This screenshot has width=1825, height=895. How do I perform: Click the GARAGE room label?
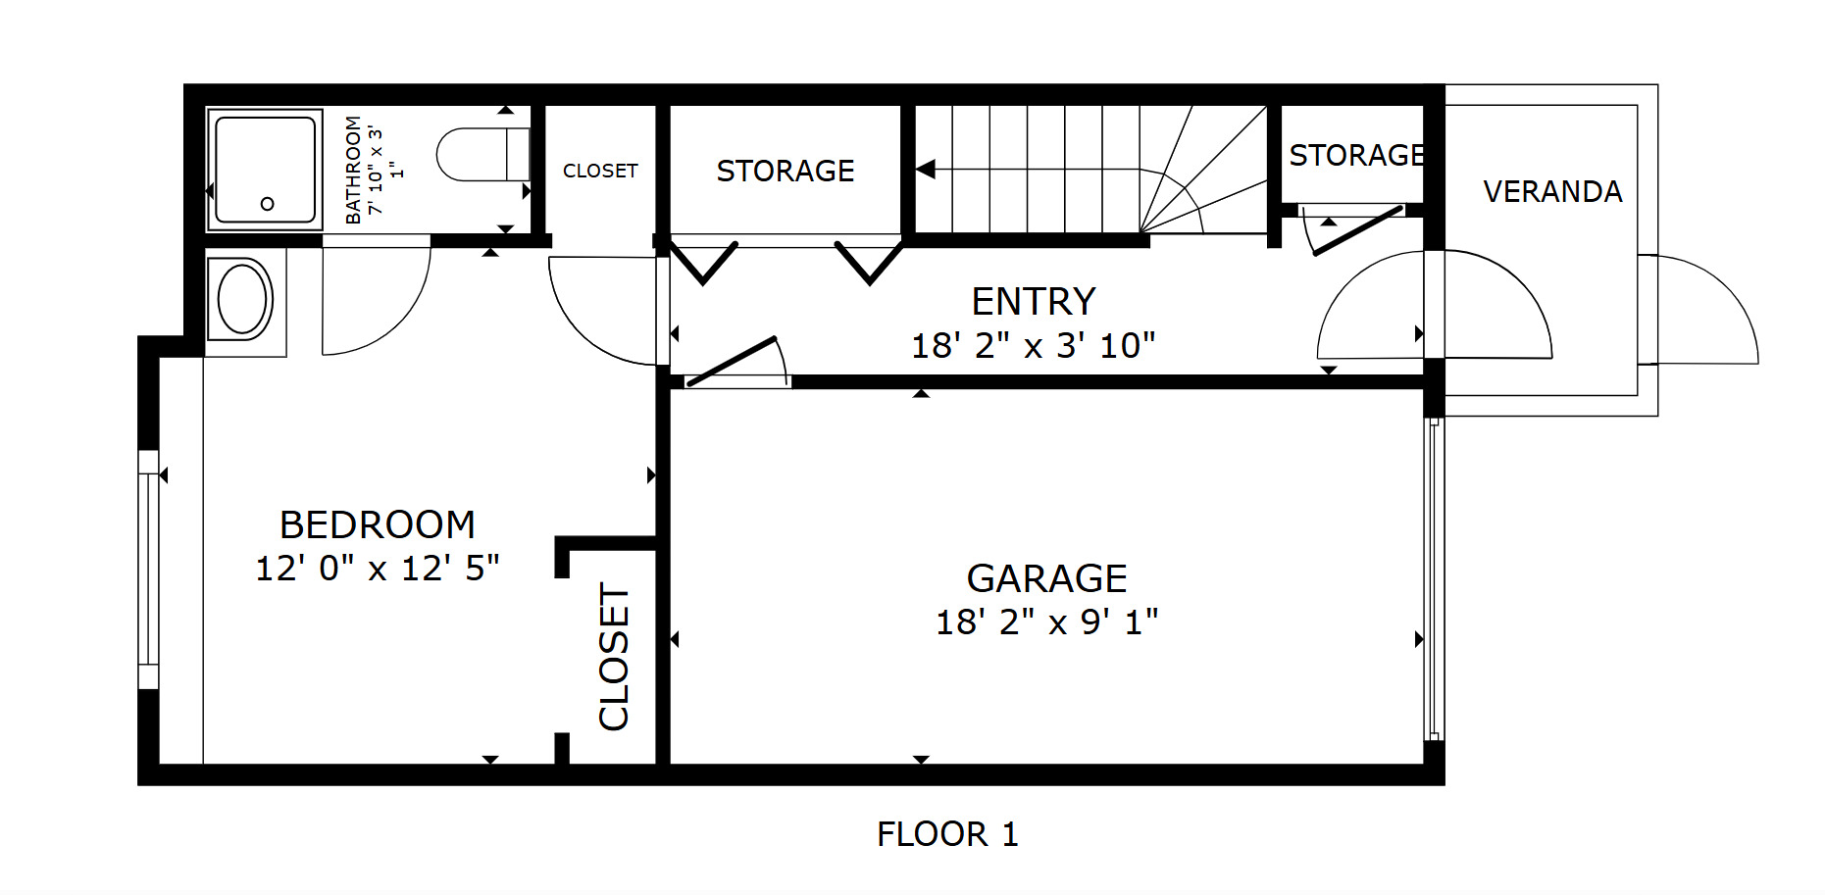(1046, 578)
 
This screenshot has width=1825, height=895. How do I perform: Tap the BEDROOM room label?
(378, 524)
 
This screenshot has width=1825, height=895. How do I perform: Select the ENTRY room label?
(1034, 301)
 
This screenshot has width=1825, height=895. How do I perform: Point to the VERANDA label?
(1552, 191)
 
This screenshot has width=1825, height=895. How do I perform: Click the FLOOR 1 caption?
(947, 834)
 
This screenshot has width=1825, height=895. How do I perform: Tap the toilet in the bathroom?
(482, 154)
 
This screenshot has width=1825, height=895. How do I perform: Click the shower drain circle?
(267, 204)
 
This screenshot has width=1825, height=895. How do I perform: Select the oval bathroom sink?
(242, 299)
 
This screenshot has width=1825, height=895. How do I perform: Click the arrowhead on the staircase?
(925, 169)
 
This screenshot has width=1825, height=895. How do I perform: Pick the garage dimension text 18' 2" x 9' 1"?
(1046, 622)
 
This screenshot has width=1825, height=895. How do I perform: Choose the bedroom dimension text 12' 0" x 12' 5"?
(378, 568)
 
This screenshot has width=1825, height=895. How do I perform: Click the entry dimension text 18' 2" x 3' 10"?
(1034, 345)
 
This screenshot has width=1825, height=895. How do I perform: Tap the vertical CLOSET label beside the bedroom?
(614, 657)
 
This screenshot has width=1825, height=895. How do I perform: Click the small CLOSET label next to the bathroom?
(600, 171)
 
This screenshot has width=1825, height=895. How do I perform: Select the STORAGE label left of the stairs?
(786, 171)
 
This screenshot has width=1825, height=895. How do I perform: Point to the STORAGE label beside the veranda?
(1357, 155)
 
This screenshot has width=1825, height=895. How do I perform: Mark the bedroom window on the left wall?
(148, 570)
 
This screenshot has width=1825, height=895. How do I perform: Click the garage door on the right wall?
(1434, 578)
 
